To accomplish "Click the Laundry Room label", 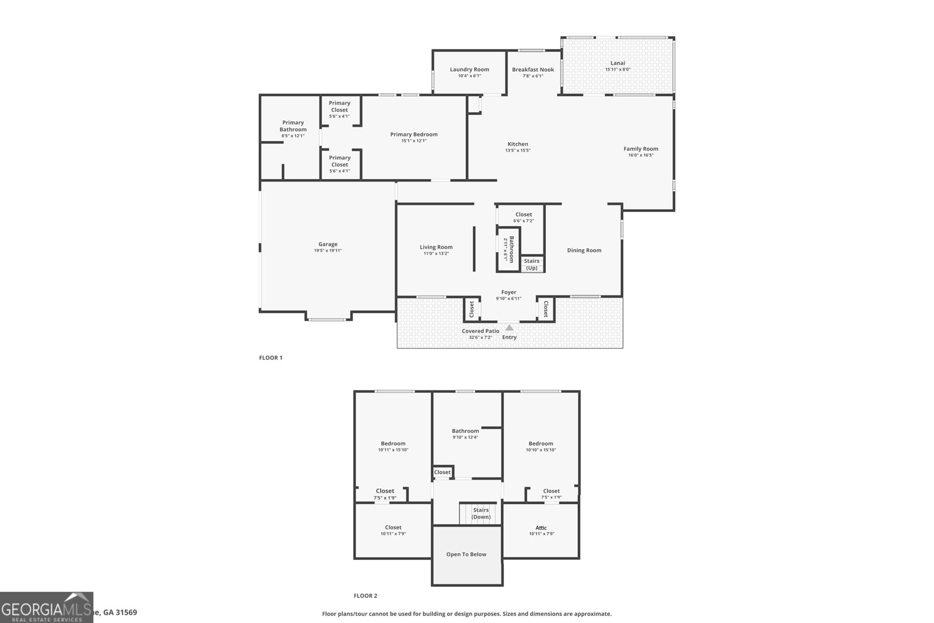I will [x=469, y=69].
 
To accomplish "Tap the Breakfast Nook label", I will [x=533, y=69].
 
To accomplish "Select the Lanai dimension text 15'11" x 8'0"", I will [x=618, y=69].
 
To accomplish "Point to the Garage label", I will [x=328, y=244].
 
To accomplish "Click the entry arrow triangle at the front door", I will [x=510, y=328].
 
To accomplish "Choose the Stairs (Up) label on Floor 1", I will [x=532, y=264].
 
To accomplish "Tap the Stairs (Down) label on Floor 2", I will [x=481, y=513].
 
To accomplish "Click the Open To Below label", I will [x=466, y=554].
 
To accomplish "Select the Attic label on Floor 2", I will [x=541, y=528].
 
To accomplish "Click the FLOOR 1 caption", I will [x=271, y=357].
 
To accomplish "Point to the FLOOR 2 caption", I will [x=365, y=596].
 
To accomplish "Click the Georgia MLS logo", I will [x=46, y=607].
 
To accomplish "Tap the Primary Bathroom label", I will [x=293, y=126].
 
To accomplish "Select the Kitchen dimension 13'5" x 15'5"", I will [x=518, y=151].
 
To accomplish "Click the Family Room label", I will [x=641, y=149].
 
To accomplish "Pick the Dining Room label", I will [x=584, y=250].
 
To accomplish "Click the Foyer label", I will [x=509, y=293].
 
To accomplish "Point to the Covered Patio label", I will [x=480, y=331].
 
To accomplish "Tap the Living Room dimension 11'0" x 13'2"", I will [x=436, y=253].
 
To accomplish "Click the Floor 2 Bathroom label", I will [x=465, y=431].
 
